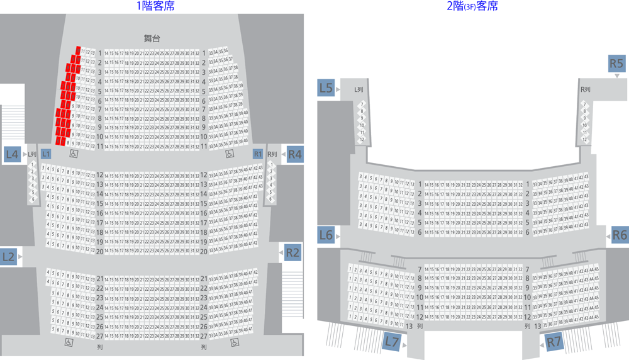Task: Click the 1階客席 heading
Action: click(x=155, y=6)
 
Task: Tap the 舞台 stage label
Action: click(x=152, y=38)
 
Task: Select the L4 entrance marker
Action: click(x=12, y=154)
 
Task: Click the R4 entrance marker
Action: click(x=294, y=154)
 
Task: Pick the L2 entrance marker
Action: click(x=9, y=256)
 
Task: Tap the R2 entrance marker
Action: click(x=292, y=252)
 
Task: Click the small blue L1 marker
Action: click(x=46, y=154)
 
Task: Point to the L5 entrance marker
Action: click(x=325, y=88)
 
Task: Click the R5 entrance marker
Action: click(x=616, y=64)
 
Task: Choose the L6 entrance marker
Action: click(x=325, y=235)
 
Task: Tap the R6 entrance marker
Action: click(x=620, y=235)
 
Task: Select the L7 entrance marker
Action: click(x=391, y=342)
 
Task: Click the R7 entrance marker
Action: click(x=553, y=342)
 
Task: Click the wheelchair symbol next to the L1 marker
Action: click(x=73, y=153)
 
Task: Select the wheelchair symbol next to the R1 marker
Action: click(x=230, y=153)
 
